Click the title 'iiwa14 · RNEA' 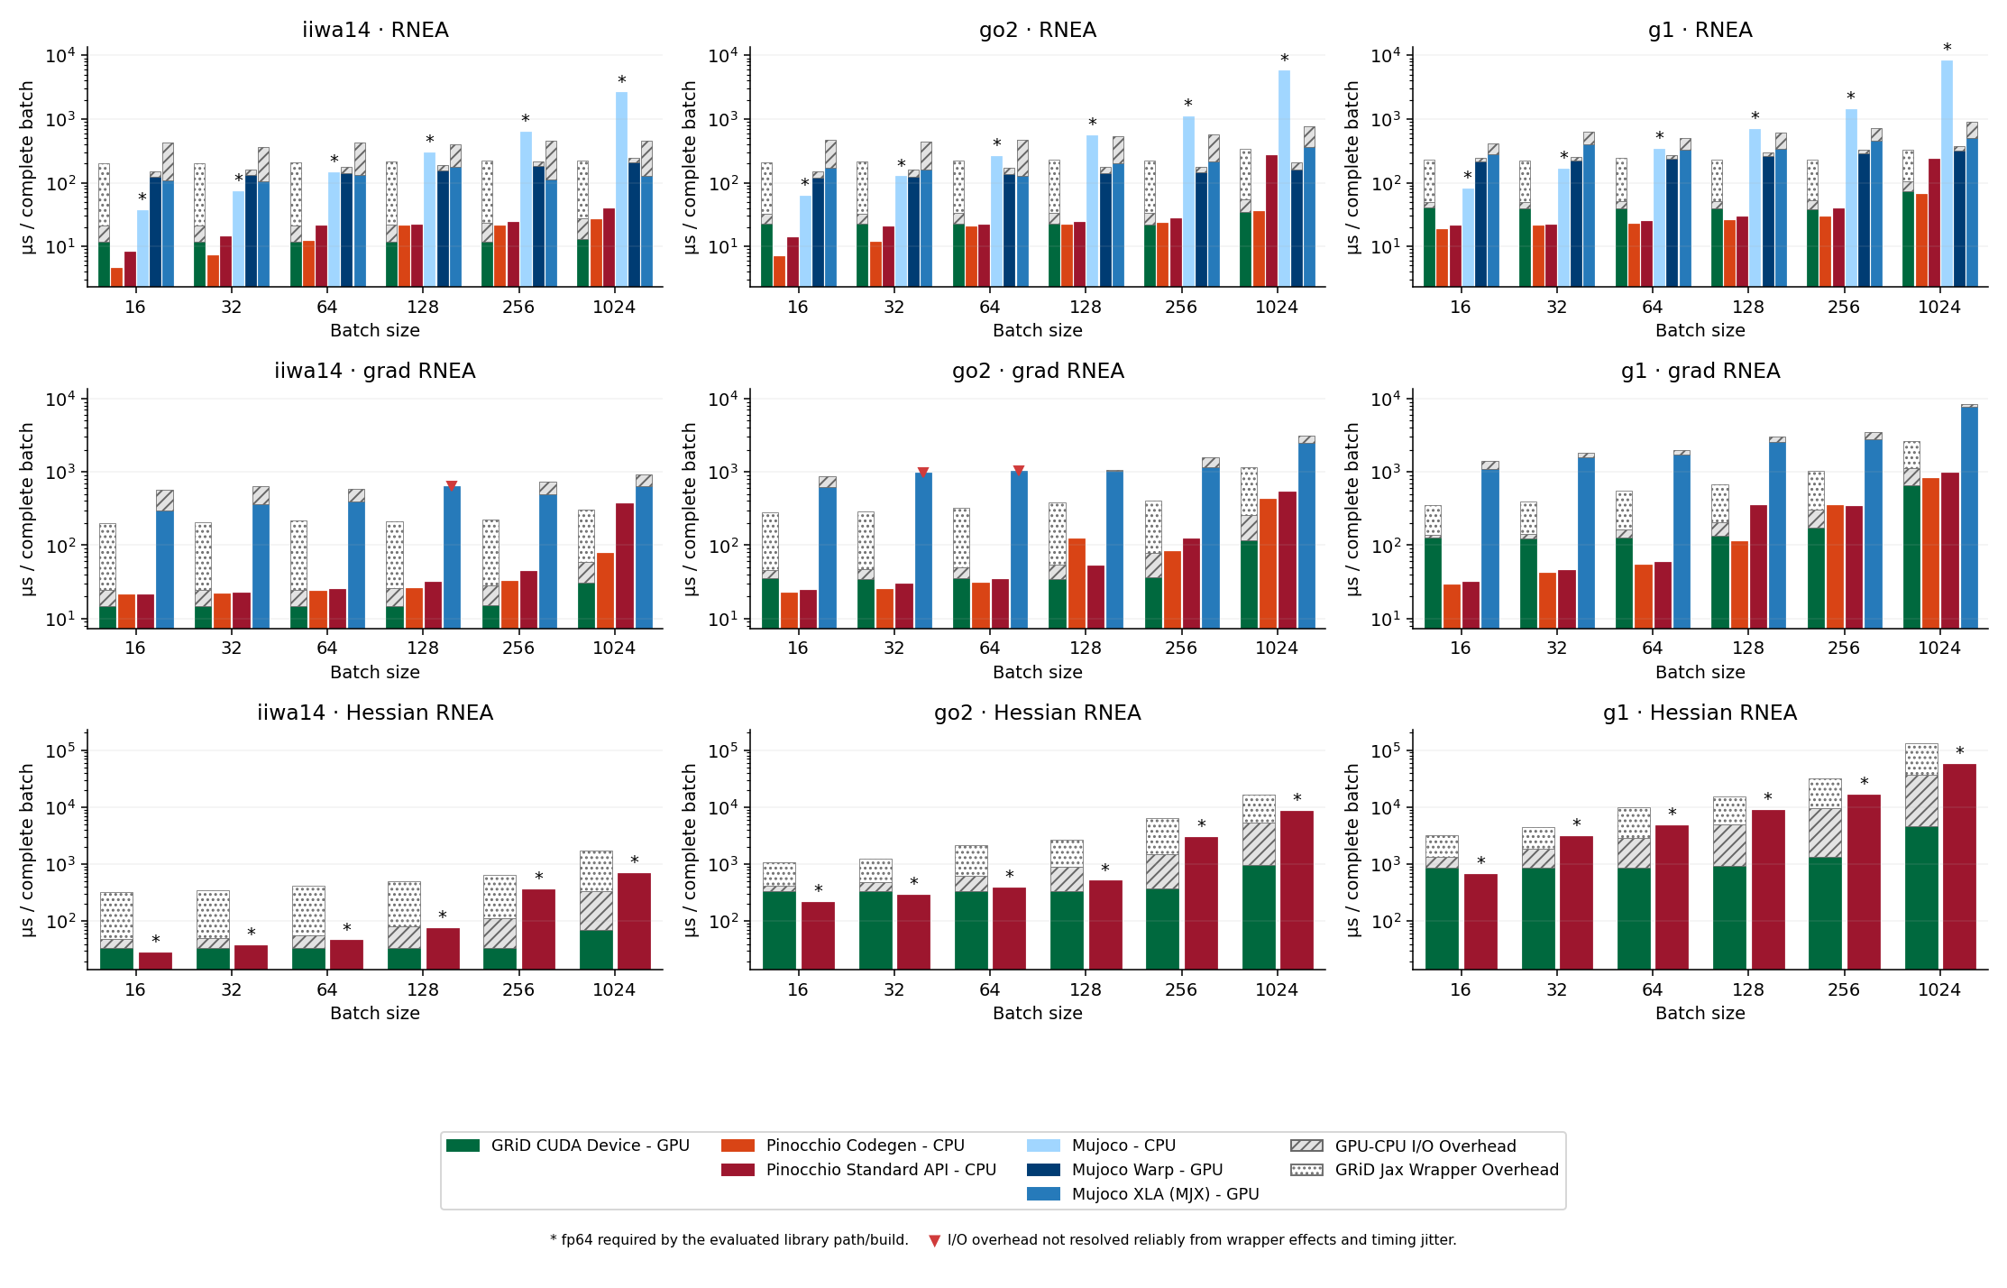tap(375, 30)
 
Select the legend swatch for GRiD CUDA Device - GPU tap(463, 1145)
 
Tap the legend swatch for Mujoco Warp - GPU tap(1043, 1170)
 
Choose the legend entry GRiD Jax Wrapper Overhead tap(1425, 1170)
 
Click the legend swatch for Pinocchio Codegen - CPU tap(738, 1145)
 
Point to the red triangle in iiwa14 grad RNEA tap(452, 486)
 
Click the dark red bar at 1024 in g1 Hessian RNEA tap(1959, 867)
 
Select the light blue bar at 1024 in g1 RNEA tap(1947, 174)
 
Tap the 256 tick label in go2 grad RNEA tap(1181, 649)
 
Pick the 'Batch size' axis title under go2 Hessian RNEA tap(1038, 1013)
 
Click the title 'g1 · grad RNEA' tap(1700, 371)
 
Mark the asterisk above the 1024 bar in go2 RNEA tap(1284, 60)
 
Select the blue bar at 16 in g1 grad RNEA tap(1489, 549)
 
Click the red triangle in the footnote tap(934, 1241)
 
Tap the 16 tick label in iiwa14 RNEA tap(135, 307)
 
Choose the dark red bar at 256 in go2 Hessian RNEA tap(1201, 904)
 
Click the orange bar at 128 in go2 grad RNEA tap(1077, 584)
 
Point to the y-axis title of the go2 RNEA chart tap(691, 168)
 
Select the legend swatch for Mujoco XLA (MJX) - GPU tap(1043, 1194)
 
